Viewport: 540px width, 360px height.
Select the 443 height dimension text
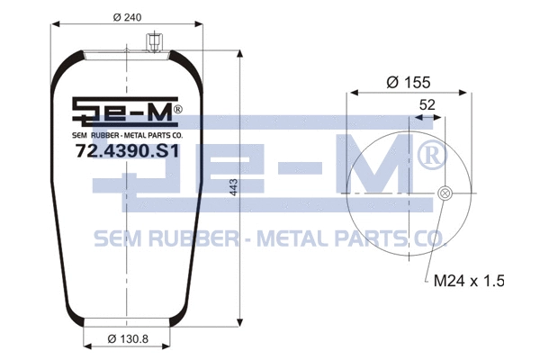pyautogui.click(x=233, y=187)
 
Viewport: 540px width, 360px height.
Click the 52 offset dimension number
pyautogui.click(x=427, y=104)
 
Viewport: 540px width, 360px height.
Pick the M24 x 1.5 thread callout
pyautogui.click(x=469, y=281)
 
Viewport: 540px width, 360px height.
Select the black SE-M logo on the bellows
pyautogui.click(x=121, y=112)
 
